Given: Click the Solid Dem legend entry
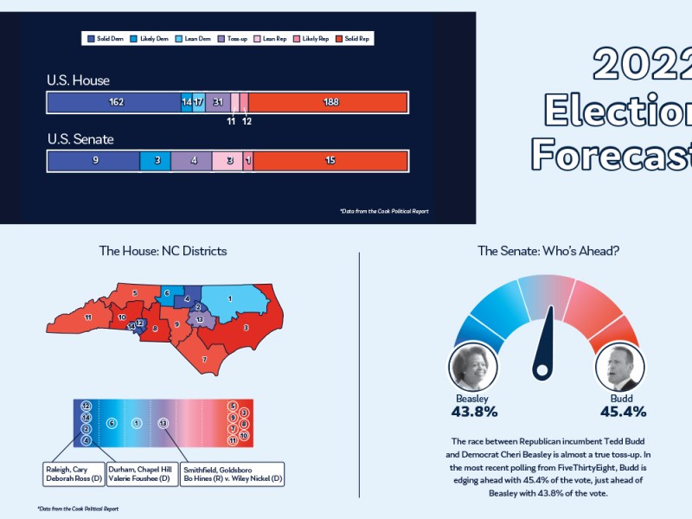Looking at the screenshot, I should [105, 39].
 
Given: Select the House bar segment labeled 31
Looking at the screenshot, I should [218, 102].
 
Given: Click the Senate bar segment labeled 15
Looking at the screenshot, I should [330, 161].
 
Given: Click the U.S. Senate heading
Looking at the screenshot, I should [80, 138].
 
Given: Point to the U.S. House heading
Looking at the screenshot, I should [78, 80].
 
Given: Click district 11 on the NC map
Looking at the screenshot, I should [88, 318].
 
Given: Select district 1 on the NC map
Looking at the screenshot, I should [230, 299].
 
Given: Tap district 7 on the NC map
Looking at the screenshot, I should [204, 357].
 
